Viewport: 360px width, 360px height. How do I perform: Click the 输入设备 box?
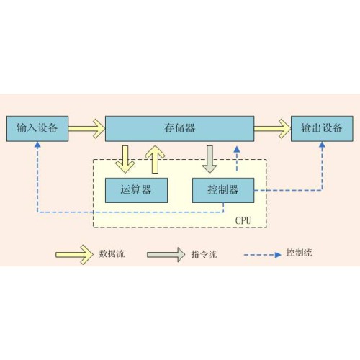coord(37,129)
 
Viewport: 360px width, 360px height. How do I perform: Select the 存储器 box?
coord(180,129)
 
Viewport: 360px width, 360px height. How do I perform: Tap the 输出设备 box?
coord(322,129)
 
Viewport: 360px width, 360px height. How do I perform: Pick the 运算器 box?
coord(136,190)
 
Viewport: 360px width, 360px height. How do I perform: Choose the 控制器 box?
coord(223,190)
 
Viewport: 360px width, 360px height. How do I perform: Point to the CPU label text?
coord(243,220)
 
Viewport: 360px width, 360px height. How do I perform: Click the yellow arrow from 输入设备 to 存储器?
coord(87,129)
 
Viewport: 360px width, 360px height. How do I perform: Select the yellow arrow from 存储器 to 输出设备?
coord(273,129)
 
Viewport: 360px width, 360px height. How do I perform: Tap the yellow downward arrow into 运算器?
coord(125,159)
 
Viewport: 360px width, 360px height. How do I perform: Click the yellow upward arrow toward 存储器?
coord(156,159)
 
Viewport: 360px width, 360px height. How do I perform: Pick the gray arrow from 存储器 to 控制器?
coord(210,159)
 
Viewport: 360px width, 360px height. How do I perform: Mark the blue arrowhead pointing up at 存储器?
coord(237,149)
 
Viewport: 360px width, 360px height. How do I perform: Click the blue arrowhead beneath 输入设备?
coord(37,145)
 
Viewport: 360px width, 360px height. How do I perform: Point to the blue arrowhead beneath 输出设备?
coord(322,145)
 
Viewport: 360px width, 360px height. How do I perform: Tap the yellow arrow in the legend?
coord(74,255)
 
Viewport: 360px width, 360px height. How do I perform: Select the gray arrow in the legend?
coord(166,255)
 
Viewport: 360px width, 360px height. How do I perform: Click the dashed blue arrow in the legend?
coord(263,255)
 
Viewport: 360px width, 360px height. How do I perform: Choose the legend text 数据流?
coord(112,253)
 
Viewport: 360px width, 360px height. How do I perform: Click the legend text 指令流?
coord(204,254)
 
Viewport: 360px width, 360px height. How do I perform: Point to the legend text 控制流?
coord(300,253)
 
